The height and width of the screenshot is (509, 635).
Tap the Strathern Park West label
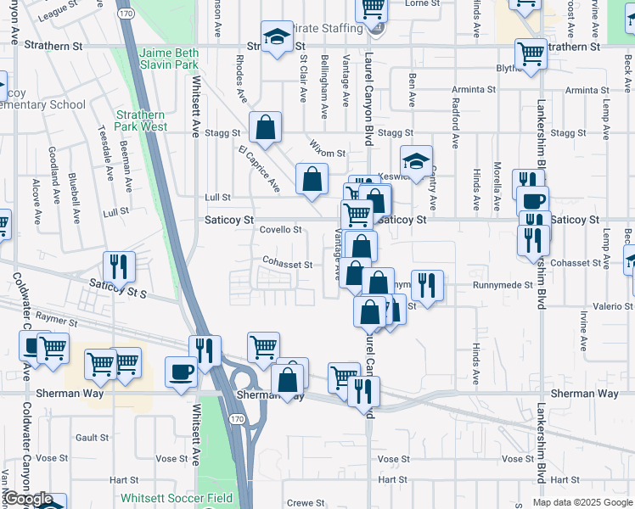click(142, 120)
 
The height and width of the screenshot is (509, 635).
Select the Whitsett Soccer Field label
click(177, 498)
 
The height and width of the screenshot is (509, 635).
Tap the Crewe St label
click(301, 503)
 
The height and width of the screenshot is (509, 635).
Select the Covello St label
click(280, 230)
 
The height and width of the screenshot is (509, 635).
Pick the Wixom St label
click(328, 153)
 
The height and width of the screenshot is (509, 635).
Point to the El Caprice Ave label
click(259, 167)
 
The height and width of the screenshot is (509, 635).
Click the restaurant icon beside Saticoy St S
click(119, 266)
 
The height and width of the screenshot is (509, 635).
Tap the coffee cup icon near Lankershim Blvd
click(533, 203)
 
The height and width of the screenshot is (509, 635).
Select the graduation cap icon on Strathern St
click(275, 37)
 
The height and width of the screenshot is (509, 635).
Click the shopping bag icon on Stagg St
click(265, 127)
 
